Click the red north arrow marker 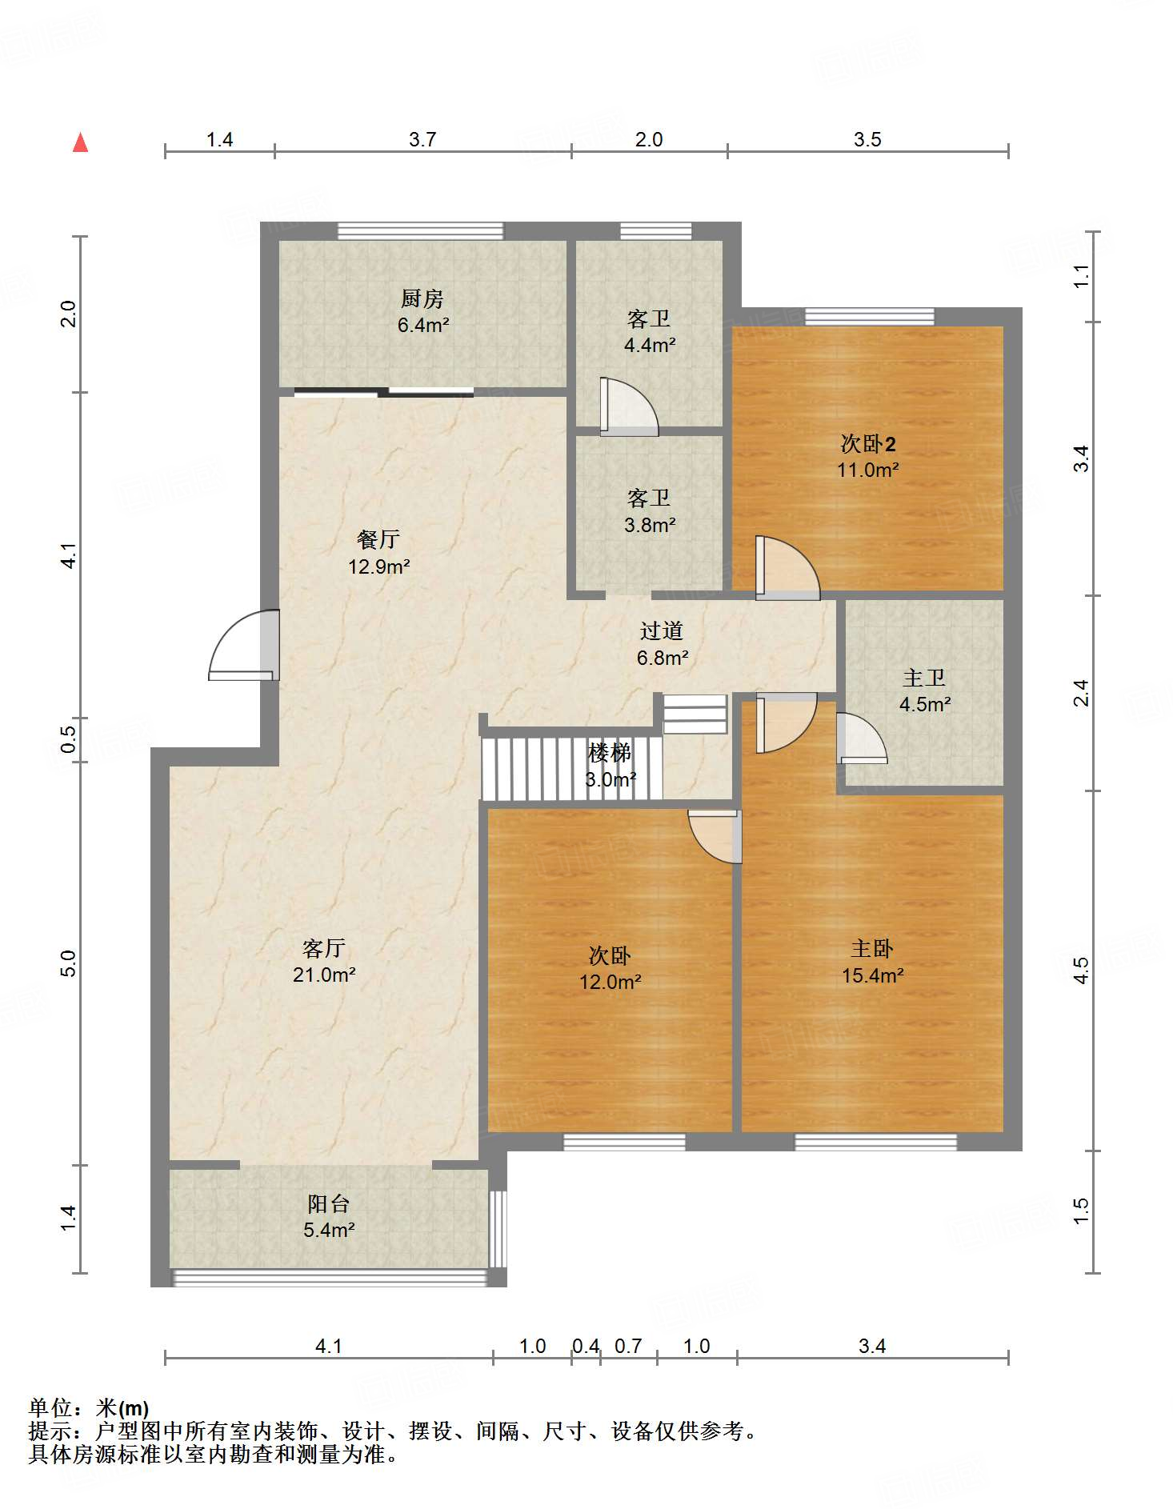click(x=80, y=142)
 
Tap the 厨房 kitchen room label click(x=422, y=298)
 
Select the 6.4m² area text click(x=423, y=325)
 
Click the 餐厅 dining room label click(x=378, y=539)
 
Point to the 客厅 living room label click(x=324, y=948)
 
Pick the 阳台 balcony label click(x=329, y=1203)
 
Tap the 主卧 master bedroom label click(x=872, y=948)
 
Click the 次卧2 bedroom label click(x=868, y=443)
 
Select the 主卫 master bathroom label click(x=924, y=678)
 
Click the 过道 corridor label click(x=662, y=630)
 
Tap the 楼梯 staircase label click(x=610, y=752)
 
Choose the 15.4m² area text click(x=873, y=975)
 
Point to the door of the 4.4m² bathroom click(x=629, y=406)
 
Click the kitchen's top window click(x=421, y=231)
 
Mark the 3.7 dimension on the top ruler click(x=422, y=139)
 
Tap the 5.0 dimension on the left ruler click(x=68, y=963)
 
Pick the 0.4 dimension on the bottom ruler click(x=586, y=1346)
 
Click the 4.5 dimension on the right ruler click(x=1080, y=971)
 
